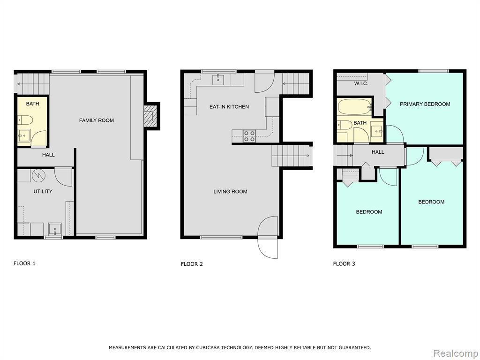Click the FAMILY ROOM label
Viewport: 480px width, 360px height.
(97, 120)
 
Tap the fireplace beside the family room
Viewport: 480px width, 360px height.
(150, 116)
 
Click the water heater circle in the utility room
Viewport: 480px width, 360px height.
(39, 175)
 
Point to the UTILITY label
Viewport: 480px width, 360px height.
(43, 192)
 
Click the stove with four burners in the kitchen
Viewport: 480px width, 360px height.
(249, 136)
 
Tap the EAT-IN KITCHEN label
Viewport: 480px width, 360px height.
(229, 107)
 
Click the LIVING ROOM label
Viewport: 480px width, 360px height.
(230, 192)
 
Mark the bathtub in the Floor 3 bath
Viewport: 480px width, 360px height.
(354, 107)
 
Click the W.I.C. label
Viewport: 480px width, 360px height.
(361, 83)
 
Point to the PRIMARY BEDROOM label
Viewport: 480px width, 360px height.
(425, 104)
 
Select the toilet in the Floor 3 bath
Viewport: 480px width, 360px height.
(345, 125)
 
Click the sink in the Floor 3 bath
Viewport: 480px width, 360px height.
(377, 131)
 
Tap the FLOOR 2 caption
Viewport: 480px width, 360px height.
(192, 264)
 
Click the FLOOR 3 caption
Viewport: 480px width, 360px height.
(344, 264)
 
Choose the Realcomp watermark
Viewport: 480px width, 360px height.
(456, 353)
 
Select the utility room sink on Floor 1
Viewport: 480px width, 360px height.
(55, 229)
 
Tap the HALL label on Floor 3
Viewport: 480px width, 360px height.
(378, 152)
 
